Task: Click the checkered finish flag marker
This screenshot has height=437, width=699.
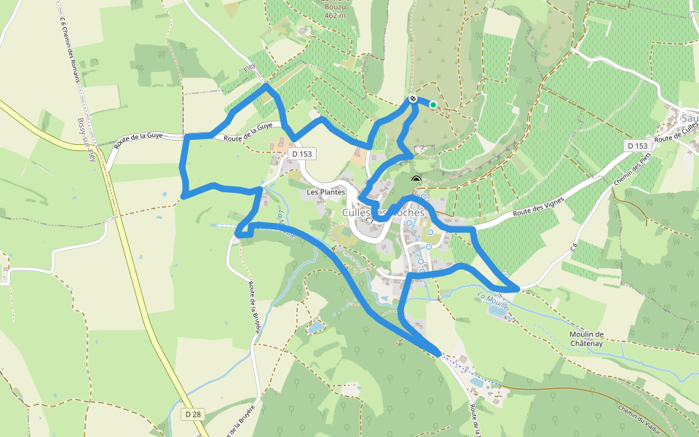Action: pyautogui.click(x=413, y=98)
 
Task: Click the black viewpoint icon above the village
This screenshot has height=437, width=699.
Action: pyautogui.click(x=416, y=180)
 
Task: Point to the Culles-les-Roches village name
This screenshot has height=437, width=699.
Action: pyautogui.click(x=383, y=212)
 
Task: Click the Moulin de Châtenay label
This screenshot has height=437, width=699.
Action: pyautogui.click(x=588, y=339)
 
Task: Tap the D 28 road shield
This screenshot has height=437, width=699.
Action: pyautogui.click(x=193, y=414)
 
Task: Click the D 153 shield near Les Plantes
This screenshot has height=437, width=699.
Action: pyautogui.click(x=301, y=154)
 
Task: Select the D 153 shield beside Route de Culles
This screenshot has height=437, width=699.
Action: pyautogui.click(x=637, y=146)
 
